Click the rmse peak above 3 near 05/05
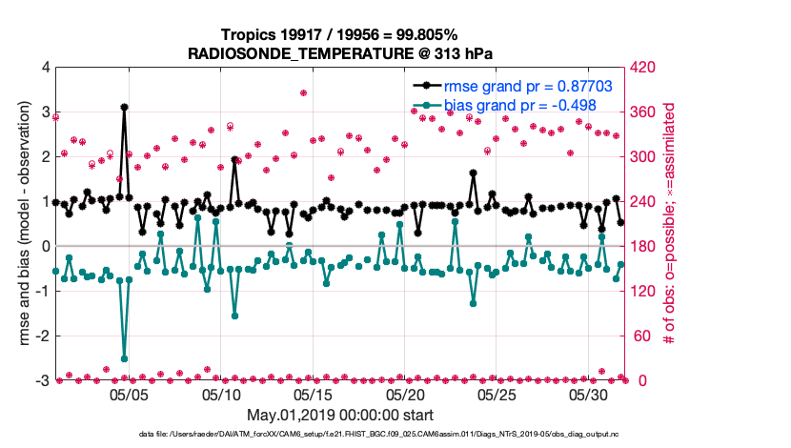point(124,108)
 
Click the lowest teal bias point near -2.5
point(124,358)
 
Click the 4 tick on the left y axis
point(45,68)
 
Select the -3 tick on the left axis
point(42,381)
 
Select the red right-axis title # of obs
point(670,224)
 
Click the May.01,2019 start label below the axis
point(340,415)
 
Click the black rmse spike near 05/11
point(234,160)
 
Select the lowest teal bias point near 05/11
point(234,316)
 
